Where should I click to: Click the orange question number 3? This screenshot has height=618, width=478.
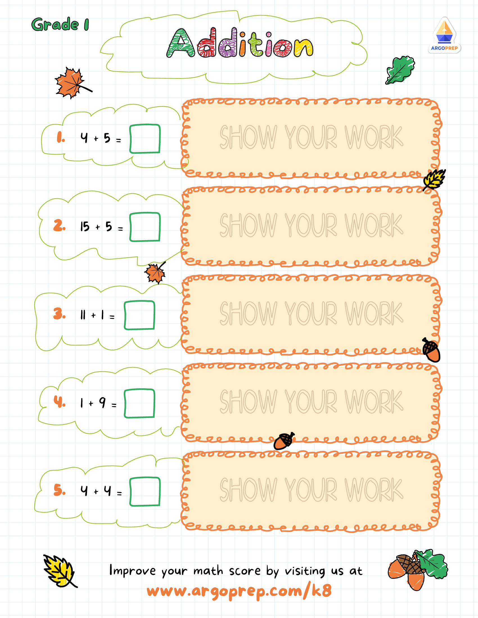(59, 313)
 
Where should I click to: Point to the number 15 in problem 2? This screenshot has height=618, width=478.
(85, 227)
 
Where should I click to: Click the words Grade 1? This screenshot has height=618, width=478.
(60, 24)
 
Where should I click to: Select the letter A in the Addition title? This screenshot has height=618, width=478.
(181, 43)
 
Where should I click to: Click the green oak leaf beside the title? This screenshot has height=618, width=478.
(400, 70)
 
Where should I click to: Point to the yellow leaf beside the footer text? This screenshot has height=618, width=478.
(60, 571)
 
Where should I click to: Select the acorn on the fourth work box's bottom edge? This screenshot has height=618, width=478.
(284, 441)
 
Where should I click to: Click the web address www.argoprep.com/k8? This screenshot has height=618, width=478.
(239, 591)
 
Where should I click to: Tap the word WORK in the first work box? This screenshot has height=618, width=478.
(374, 137)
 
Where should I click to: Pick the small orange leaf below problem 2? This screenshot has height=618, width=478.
(155, 272)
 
